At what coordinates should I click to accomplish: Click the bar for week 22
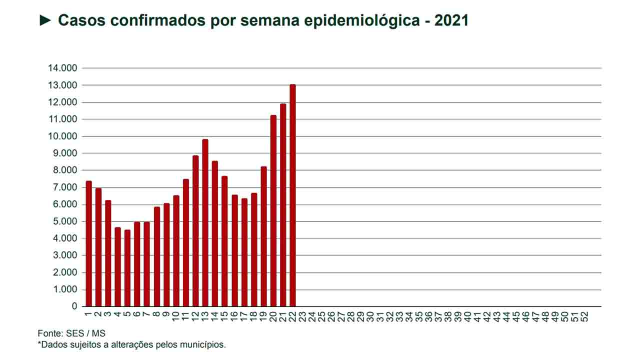coord(292,195)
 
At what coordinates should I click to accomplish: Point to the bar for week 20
coord(273,210)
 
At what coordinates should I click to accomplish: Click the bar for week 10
coord(176,250)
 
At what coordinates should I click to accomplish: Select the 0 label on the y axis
coord(74,306)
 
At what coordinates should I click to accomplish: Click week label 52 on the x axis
coord(584,317)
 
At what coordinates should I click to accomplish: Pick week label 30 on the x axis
coord(370,317)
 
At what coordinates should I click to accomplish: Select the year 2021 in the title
coord(451,20)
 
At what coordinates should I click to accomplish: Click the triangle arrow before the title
coord(45,20)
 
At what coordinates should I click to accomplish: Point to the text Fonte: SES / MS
coord(71,333)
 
